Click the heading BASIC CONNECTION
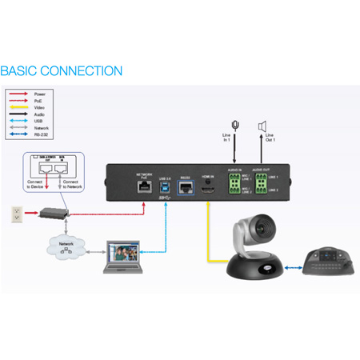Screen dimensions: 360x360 click(x=62, y=71)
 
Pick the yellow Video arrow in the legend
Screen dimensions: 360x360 click(x=18, y=107)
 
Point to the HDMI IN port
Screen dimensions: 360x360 click(x=208, y=185)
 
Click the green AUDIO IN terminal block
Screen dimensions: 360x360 click(x=234, y=185)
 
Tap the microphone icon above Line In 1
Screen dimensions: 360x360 click(x=235, y=126)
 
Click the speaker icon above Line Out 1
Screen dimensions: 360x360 click(x=261, y=126)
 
